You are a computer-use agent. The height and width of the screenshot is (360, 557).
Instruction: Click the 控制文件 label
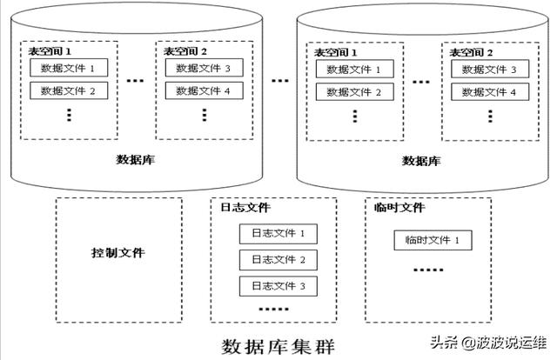click(117, 253)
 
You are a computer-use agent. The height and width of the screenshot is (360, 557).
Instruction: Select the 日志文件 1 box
click(278, 233)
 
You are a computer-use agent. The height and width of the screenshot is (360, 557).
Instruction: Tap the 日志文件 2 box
click(278, 259)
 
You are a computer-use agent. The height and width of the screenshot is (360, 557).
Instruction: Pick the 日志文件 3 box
click(278, 285)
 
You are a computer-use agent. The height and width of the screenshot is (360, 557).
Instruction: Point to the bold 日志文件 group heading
click(245, 208)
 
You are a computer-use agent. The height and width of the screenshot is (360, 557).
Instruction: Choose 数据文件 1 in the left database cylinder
click(69, 68)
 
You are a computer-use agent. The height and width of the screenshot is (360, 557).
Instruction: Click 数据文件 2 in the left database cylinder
click(69, 90)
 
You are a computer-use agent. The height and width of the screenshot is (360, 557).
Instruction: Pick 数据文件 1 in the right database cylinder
click(354, 70)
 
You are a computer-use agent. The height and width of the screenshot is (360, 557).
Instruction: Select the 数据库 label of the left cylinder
click(136, 159)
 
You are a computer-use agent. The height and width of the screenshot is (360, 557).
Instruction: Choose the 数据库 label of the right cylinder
click(421, 161)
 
